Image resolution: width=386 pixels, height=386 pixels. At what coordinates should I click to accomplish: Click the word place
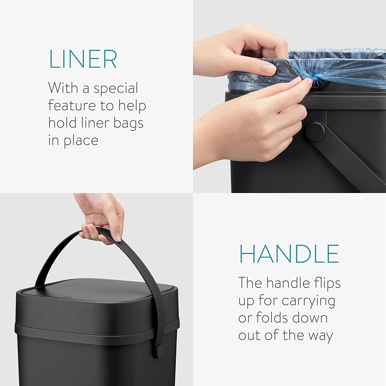tap(81, 141)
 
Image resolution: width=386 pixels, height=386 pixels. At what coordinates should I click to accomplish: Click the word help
tap(132, 106)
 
